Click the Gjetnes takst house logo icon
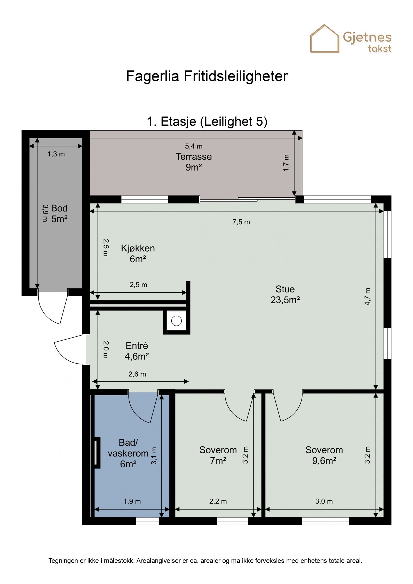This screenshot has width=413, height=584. pyautogui.click(x=324, y=39)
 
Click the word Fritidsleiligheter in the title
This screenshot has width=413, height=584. pyautogui.click(x=235, y=76)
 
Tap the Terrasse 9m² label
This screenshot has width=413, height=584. pyautogui.click(x=194, y=162)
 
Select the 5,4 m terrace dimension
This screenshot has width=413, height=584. pyautogui.click(x=194, y=146)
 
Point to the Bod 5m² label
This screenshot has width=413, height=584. pyautogui.click(x=59, y=214)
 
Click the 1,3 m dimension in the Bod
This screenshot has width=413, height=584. pyautogui.click(x=56, y=154)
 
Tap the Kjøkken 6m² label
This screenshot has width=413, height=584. pyautogui.click(x=138, y=253)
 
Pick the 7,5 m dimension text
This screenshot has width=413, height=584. pyautogui.click(x=241, y=222)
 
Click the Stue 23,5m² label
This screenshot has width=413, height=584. pyautogui.click(x=285, y=294)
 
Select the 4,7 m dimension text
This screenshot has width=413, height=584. pyautogui.click(x=367, y=297)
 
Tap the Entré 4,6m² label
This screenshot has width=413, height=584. pyautogui.click(x=137, y=351)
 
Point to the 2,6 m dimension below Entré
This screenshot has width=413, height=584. pyautogui.click(x=137, y=374)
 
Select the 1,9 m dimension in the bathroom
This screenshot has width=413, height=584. pyautogui.click(x=132, y=501)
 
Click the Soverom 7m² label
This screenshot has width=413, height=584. pyautogui.click(x=218, y=455)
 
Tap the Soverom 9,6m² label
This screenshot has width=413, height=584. pyautogui.click(x=324, y=455)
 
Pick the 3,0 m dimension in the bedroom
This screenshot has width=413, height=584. pyautogui.click(x=324, y=501)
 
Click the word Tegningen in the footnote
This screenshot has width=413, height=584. pyautogui.click(x=63, y=561)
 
